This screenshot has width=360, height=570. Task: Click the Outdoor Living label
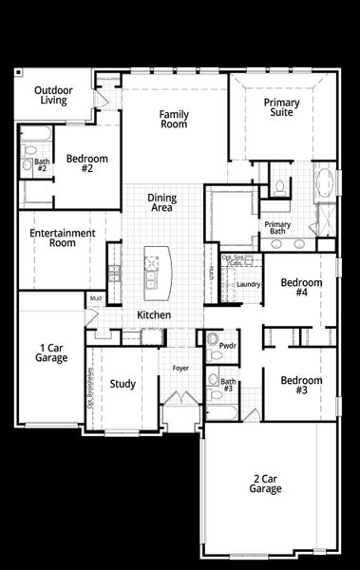[54, 95]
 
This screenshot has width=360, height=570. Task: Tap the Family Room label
[174, 119]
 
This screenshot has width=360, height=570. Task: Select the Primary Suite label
[281, 107]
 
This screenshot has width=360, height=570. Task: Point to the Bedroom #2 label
[86, 163]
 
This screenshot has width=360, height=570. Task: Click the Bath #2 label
[42, 164]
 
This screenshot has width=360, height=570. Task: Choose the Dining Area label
[162, 203]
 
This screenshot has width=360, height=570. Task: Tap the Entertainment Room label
[63, 237]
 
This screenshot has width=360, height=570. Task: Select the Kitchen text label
[154, 314]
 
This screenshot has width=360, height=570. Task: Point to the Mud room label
[96, 298]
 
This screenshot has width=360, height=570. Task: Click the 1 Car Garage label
[53, 352]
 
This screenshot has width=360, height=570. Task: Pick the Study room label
[123, 384]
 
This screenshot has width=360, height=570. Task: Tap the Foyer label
[180, 368]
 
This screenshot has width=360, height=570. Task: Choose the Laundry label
[249, 284]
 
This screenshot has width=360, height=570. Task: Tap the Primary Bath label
[278, 227]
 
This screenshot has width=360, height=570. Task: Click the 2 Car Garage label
[266, 484]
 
